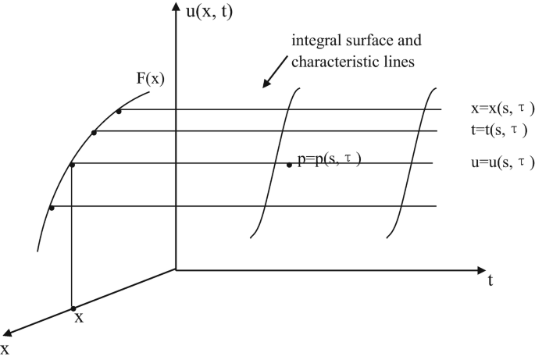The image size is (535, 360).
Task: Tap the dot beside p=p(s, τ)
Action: (x=289, y=165)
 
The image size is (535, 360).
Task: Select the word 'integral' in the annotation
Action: (x=316, y=40)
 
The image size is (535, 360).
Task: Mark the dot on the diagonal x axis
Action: (x=72, y=308)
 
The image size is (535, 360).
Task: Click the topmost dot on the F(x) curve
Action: (x=119, y=111)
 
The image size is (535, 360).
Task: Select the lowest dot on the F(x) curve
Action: (x=52, y=207)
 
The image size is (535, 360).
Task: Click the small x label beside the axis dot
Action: (x=78, y=319)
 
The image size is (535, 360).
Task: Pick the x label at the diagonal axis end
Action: (x=5, y=349)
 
